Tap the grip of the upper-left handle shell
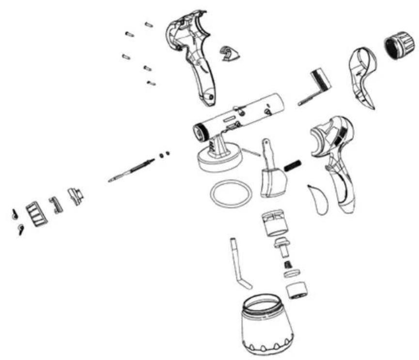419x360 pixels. (203, 82)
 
